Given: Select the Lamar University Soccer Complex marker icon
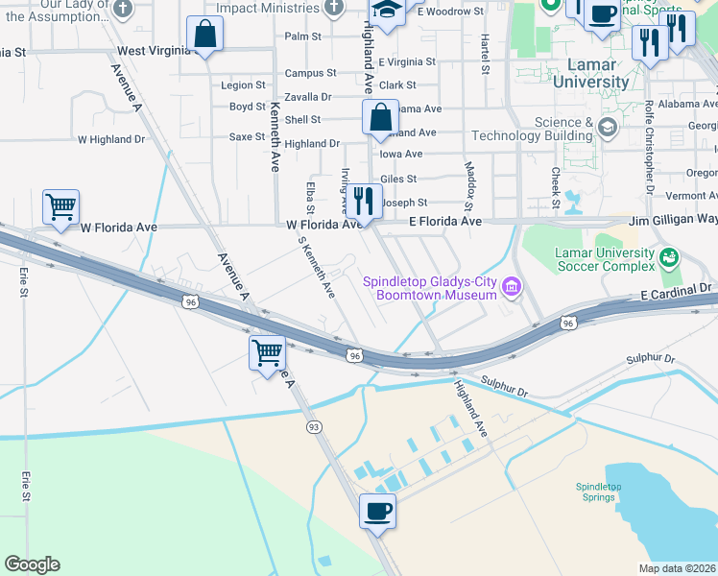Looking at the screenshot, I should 669,257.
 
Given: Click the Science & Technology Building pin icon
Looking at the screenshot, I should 607,127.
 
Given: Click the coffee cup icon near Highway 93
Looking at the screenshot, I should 377,510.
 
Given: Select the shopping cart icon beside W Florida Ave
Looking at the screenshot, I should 61,205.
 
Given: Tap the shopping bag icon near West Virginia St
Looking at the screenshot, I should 205,35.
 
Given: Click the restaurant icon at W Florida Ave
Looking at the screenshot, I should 363,201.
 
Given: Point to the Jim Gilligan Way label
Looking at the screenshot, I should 672,221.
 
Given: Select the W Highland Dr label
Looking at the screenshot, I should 110,139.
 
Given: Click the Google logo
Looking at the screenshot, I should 32,564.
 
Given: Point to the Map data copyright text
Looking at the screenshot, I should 677,568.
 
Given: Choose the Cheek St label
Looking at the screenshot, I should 555,187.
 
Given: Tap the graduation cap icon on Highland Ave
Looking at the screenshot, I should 386,12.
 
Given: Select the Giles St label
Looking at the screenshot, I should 398,179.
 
